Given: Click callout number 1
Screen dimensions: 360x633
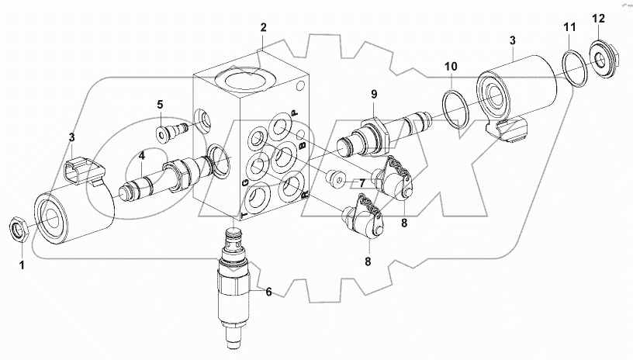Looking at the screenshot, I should click(21, 265).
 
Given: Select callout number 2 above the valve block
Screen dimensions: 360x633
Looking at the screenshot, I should click(263, 28).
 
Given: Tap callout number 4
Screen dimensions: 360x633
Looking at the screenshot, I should click(141, 155).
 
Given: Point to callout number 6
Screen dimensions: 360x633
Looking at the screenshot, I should click(268, 292).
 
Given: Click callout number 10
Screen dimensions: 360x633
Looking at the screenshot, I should click(451, 67).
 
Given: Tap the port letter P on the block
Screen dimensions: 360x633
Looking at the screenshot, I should click(294, 114).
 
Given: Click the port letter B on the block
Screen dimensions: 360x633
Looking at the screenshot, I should click(305, 145).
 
